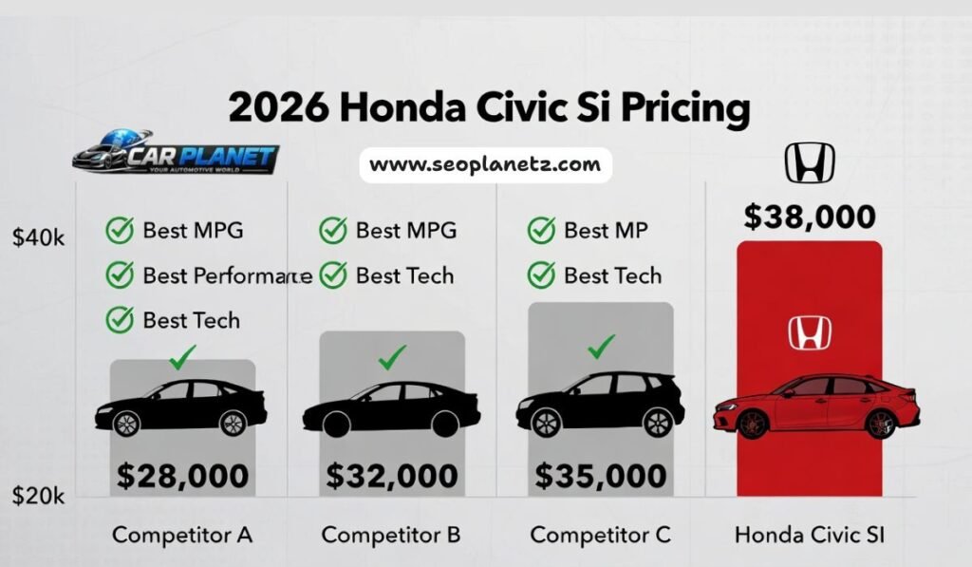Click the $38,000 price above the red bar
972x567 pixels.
click(810, 217)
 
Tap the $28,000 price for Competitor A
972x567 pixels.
click(182, 475)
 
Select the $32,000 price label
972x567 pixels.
click(391, 475)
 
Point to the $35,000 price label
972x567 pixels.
click(600, 475)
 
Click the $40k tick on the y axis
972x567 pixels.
click(38, 238)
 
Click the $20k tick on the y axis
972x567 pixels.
click(38, 495)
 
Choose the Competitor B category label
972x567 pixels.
click(391, 535)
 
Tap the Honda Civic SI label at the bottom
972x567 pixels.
click(810, 535)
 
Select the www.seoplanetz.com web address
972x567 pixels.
click(485, 164)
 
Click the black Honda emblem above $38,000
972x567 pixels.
click(810, 162)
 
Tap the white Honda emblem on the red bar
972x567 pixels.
click(810, 332)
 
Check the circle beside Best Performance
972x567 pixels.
click(119, 275)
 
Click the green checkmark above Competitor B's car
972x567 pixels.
click(391, 357)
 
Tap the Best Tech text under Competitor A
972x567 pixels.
click(191, 320)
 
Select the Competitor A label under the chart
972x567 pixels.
click(182, 535)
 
